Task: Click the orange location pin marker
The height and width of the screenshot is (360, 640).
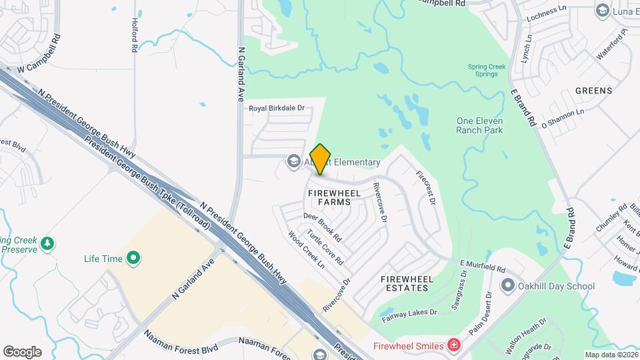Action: [x=321, y=159]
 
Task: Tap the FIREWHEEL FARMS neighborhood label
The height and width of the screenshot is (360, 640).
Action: [x=335, y=197]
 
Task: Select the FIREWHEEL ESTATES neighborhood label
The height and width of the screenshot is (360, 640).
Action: [x=404, y=283]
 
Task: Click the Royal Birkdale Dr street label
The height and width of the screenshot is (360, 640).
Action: [x=276, y=108]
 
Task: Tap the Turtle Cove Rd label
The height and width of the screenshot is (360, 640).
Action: [x=325, y=247]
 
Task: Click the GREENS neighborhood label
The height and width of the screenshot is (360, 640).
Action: [x=593, y=91]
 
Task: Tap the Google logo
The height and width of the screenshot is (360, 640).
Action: [x=22, y=352]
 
